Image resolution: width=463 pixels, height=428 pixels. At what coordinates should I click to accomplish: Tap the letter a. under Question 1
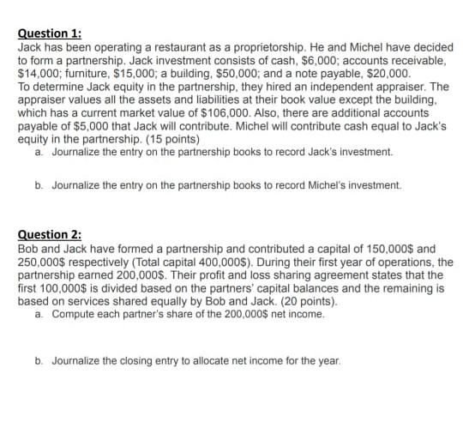(x=40, y=153)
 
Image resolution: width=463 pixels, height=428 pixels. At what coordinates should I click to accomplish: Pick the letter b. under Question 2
(x=40, y=360)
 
